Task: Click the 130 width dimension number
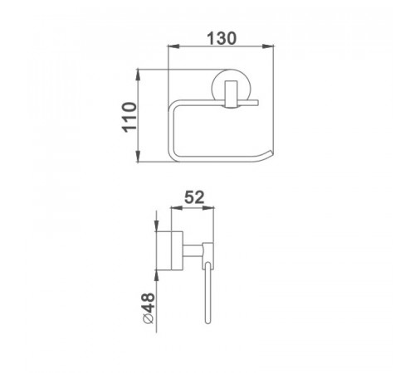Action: click(x=222, y=38)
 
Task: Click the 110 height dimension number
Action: click(x=129, y=118)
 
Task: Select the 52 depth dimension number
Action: click(x=194, y=197)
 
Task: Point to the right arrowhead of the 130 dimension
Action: click(x=268, y=46)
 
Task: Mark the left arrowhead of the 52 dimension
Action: click(x=178, y=208)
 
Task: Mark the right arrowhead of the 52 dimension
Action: click(x=208, y=208)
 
